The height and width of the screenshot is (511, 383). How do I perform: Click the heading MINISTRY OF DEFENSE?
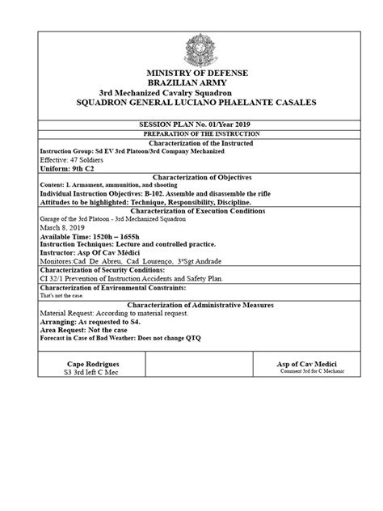(x=191, y=74)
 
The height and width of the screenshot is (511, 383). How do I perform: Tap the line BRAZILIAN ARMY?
(x=191, y=83)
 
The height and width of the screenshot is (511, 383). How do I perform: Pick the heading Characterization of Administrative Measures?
(x=191, y=305)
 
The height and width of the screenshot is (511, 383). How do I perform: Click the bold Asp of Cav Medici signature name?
(x=306, y=365)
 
